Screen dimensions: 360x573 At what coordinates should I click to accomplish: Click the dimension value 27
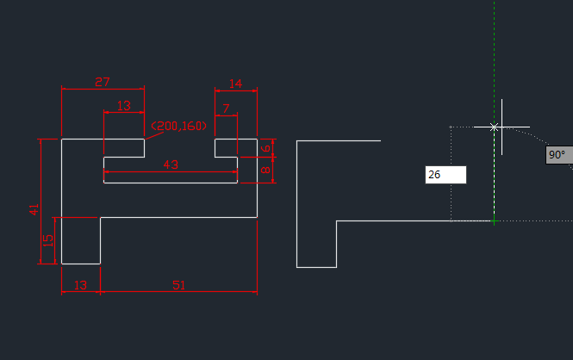(103, 82)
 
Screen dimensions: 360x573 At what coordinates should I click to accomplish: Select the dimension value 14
(235, 84)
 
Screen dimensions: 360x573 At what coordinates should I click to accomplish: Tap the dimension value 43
(171, 164)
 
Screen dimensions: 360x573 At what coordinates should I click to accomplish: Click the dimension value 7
(226, 109)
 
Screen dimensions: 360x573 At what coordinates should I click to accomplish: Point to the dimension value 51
(178, 284)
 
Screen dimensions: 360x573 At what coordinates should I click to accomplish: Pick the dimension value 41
(34, 208)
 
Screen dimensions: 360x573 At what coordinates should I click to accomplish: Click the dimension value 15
(48, 240)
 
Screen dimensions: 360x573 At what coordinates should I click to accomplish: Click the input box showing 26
(445, 175)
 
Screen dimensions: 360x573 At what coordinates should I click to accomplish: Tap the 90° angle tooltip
(557, 156)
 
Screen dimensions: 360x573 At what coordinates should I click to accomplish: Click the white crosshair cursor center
(494, 127)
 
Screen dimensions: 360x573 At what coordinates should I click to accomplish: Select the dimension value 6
(267, 148)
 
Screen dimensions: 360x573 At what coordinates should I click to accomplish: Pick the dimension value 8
(267, 171)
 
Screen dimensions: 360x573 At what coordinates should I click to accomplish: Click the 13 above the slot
(123, 105)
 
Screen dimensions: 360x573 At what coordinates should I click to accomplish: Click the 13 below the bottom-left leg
(80, 284)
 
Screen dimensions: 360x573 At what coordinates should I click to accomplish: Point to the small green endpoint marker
(494, 221)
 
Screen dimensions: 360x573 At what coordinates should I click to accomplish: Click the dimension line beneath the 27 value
(103, 90)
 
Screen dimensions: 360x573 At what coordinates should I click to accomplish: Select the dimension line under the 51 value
(178, 292)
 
